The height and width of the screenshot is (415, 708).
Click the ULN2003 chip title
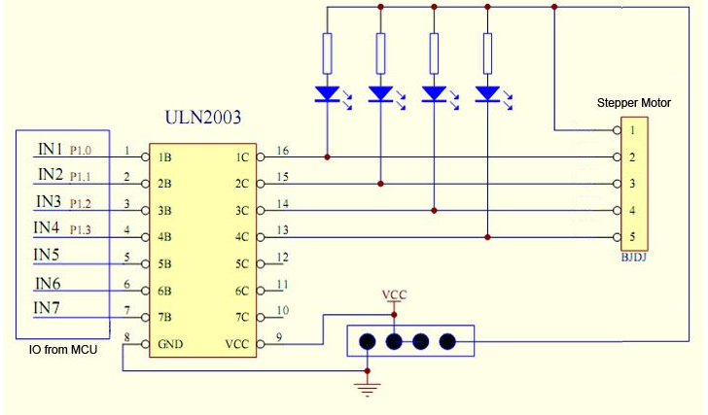point(203,120)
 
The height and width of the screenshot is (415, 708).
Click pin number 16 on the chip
point(283,150)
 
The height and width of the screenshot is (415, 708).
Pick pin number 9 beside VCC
point(279,337)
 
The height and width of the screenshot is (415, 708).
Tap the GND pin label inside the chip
point(170,344)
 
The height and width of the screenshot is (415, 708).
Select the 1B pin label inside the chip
point(165,156)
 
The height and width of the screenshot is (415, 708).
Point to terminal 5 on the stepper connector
point(632,237)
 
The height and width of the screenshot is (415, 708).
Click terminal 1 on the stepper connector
point(632,129)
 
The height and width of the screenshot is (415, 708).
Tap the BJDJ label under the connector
point(633,259)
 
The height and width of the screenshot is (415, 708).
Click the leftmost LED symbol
point(327,94)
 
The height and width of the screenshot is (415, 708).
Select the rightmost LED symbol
point(488,94)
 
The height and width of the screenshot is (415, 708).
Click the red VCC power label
point(394,294)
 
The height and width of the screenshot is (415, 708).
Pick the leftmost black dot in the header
point(368,341)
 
